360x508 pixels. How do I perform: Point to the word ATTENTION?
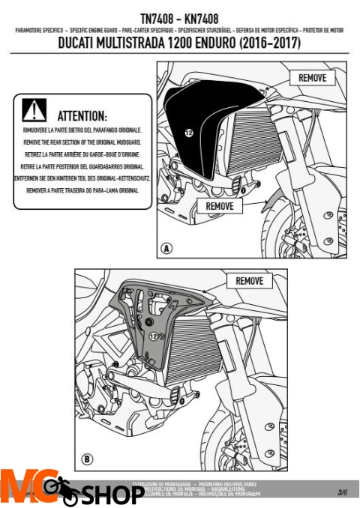82,117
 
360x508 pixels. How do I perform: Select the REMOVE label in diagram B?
249,281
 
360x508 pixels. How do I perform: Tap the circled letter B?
87,458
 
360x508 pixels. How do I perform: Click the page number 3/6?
342,492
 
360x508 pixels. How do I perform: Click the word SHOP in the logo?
112,495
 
